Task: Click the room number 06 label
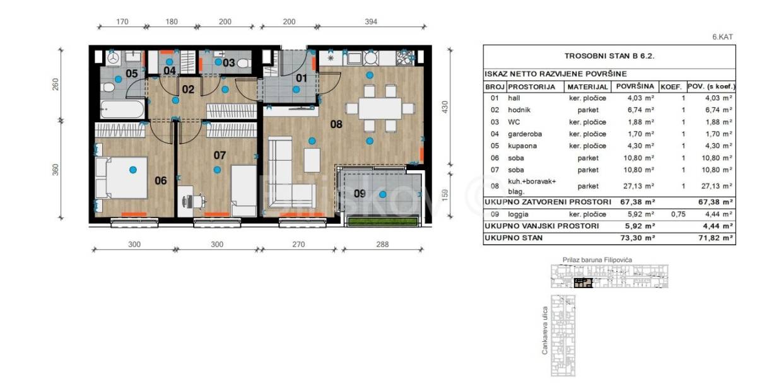[160, 181]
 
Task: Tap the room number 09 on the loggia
[360, 194]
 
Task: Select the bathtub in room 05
[122, 109]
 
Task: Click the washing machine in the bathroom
[114, 59]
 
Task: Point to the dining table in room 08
[380, 108]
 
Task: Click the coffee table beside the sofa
[312, 160]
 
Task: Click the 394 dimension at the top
[371, 21]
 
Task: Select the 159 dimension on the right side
[445, 195]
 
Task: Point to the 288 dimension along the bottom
[382, 244]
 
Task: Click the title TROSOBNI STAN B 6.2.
[609, 56]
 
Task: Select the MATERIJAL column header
[588, 87]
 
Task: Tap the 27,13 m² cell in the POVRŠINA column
[638, 186]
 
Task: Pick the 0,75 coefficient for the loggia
[678, 214]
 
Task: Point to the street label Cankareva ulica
[544, 330]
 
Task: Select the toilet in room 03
[244, 63]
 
